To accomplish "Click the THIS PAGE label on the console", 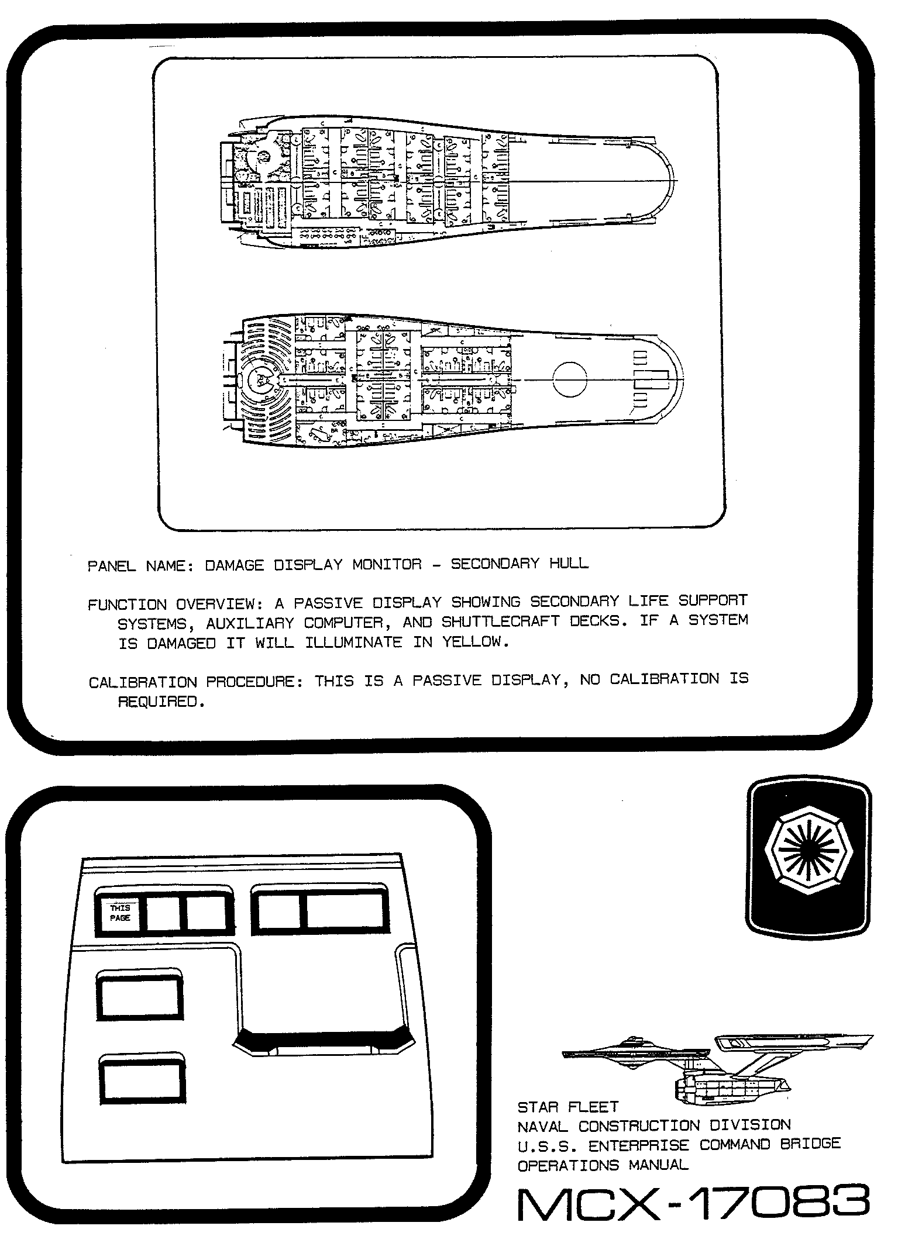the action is pos(120,913).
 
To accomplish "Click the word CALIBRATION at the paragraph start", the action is pos(143,682).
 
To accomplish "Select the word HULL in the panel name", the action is pos(569,564).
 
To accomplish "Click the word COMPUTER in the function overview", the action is pos(343,623).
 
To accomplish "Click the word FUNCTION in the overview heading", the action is pos(127,604).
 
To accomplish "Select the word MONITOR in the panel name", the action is pos(387,564).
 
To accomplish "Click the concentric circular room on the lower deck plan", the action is pos(261,380).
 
